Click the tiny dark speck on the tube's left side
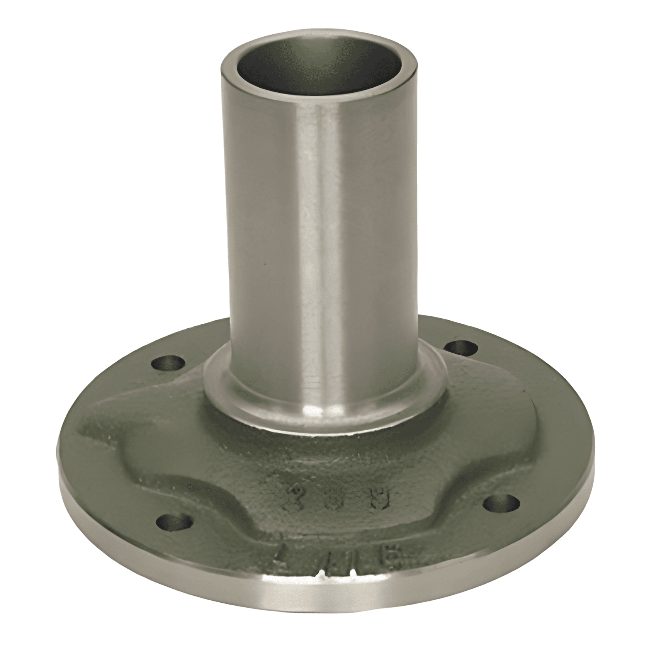264,264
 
